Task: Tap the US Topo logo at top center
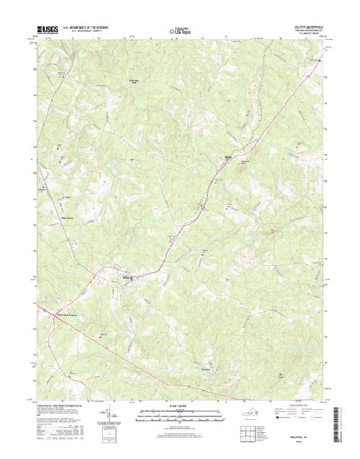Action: [x=179, y=32]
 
